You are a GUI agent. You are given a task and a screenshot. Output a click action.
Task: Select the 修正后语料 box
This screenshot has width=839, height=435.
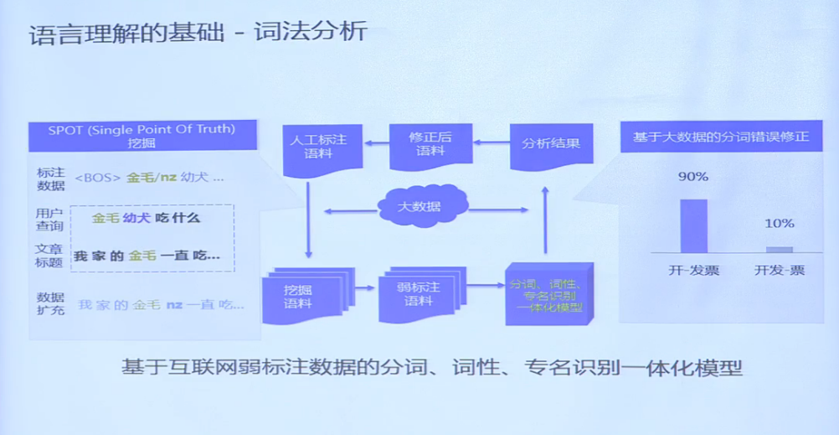(x=430, y=144)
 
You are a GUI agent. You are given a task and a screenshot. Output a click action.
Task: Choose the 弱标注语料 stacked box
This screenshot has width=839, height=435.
(x=419, y=294)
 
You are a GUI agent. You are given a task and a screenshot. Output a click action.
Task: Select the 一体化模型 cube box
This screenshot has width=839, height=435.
(x=545, y=294)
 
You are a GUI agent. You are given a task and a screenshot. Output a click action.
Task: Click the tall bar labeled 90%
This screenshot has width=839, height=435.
(x=693, y=225)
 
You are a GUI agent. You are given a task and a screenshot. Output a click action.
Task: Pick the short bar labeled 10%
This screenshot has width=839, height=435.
(x=779, y=249)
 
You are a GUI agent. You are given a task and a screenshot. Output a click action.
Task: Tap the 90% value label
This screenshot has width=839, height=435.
(x=693, y=177)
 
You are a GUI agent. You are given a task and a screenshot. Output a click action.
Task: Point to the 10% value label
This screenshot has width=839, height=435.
(x=779, y=224)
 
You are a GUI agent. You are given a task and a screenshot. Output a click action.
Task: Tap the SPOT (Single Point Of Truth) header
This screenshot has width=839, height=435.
(x=142, y=135)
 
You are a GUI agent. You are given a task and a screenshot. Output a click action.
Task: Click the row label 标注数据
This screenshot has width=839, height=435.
(x=49, y=178)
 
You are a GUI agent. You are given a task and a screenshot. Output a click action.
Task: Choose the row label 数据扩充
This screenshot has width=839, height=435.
(x=49, y=303)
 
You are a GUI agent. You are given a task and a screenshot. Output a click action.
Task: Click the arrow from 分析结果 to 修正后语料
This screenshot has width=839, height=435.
(x=492, y=144)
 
